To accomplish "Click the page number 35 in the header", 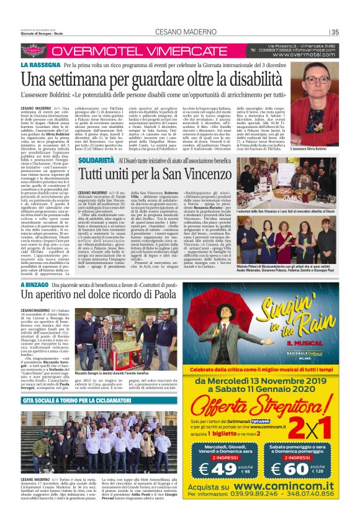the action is pyautogui.click(x=336, y=32).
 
